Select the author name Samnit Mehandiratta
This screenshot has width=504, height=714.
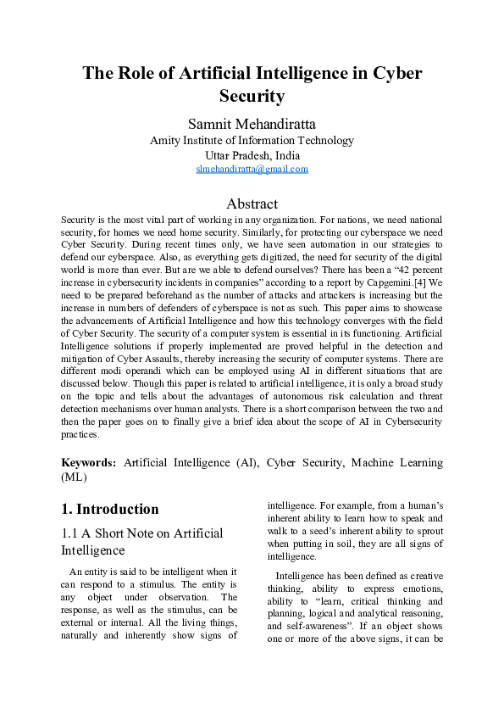click(x=252, y=124)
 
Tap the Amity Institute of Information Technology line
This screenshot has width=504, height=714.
click(x=252, y=141)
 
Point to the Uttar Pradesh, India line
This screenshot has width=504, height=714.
click(x=252, y=155)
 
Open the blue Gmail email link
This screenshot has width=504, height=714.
click(x=252, y=169)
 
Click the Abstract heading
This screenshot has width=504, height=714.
click(x=252, y=204)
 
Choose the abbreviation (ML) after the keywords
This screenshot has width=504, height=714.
click(x=75, y=477)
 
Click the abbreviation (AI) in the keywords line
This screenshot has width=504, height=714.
click(x=241, y=462)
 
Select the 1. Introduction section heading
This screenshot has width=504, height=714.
click(x=110, y=509)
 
